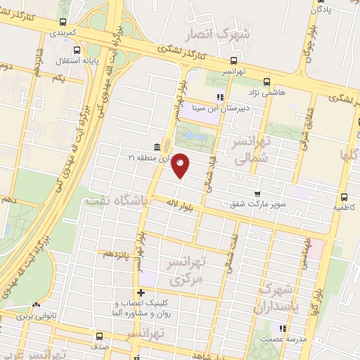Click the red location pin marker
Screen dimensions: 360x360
(181, 165)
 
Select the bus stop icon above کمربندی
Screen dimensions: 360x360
(64, 22)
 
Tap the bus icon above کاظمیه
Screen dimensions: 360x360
(344, 198)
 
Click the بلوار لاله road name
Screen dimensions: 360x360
(180, 202)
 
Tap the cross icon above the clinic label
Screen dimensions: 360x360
(141, 292)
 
